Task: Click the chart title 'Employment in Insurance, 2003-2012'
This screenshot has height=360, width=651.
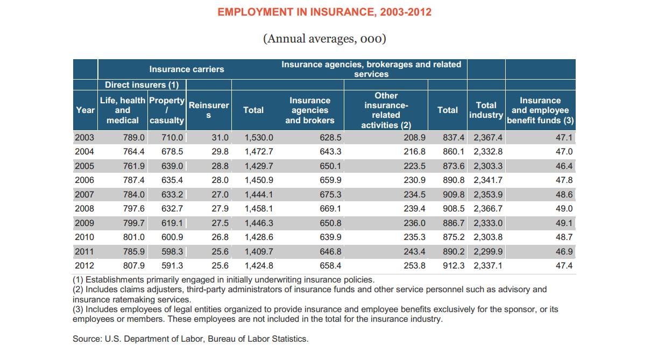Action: click(324, 12)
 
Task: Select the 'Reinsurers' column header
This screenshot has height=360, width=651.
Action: click(209, 110)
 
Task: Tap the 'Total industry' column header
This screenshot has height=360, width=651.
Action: click(486, 110)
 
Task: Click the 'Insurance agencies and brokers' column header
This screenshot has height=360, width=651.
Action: click(309, 110)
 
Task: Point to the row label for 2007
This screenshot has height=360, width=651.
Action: click(84, 194)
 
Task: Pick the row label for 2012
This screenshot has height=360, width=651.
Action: click(84, 265)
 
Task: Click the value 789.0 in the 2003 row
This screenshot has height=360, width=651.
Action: click(133, 138)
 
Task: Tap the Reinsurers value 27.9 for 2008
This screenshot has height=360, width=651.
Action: click(220, 208)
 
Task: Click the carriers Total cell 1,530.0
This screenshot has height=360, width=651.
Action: click(259, 138)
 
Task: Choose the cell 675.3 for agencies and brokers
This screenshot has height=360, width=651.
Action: click(330, 194)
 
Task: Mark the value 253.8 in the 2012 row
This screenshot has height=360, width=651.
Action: click(414, 265)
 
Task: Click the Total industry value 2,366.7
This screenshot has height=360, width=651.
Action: click(488, 208)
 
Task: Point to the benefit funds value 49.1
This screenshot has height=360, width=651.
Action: click(564, 223)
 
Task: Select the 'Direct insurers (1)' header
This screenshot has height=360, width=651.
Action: click(141, 84)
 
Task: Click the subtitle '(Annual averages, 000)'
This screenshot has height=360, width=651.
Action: click(324, 39)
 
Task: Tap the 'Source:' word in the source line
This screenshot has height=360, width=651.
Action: click(87, 338)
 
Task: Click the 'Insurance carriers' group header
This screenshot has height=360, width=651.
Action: click(187, 69)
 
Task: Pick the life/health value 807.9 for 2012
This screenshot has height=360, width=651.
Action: click(133, 265)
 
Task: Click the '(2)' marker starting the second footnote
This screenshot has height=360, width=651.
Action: click(79, 290)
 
